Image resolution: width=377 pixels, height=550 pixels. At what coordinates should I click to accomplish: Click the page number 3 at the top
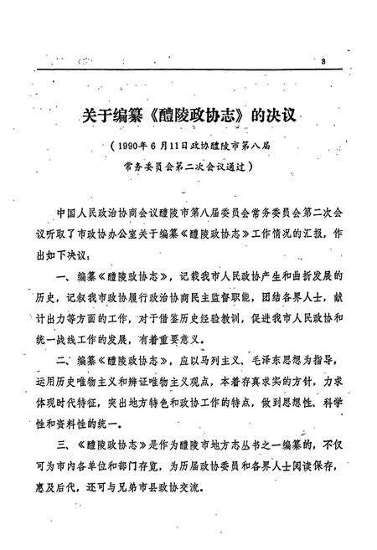tap(322, 62)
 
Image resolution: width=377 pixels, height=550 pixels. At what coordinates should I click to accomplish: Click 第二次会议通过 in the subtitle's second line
tap(224, 165)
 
